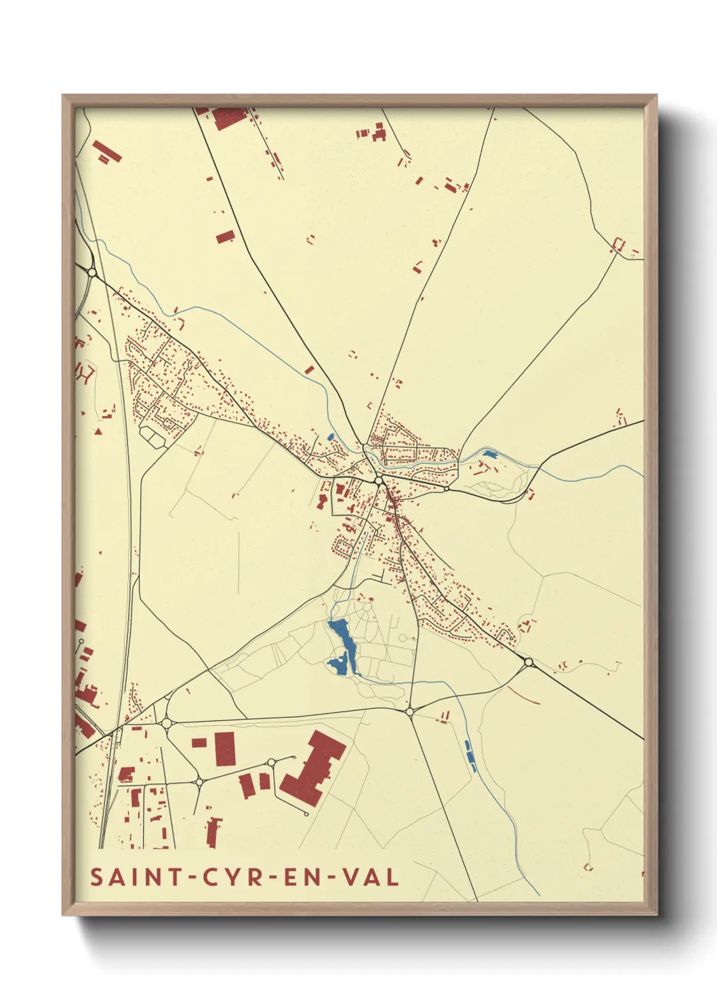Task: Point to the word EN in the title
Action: click(304, 877)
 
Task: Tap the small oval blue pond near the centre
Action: click(330, 438)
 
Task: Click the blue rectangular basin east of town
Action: click(489, 453)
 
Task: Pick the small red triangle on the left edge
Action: click(98, 431)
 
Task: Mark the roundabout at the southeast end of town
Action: click(529, 661)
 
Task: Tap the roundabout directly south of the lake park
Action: click(409, 711)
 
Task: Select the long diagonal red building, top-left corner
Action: click(107, 152)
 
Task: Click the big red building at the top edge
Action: click(228, 118)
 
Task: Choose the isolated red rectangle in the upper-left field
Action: click(225, 237)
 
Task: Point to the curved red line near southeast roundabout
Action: click(523, 696)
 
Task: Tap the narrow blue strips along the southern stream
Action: click(469, 756)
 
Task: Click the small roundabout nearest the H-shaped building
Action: click(271, 762)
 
